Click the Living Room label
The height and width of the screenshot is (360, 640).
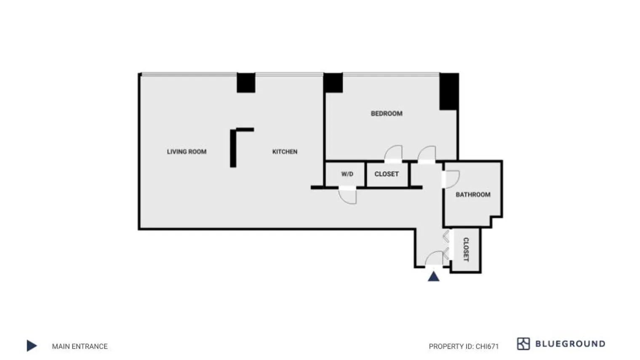pos(187,152)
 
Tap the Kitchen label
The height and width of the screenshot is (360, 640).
pos(285,152)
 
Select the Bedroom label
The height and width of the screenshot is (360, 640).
pos(387,113)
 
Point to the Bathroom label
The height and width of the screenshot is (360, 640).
pos(473,195)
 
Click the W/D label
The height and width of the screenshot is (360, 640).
pos(347,174)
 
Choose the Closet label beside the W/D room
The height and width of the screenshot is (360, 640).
pos(387,174)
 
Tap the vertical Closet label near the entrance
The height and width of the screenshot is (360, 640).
pos(466,249)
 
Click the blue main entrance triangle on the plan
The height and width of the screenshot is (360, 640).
pos(434,277)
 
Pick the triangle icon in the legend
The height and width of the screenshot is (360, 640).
pos(32,346)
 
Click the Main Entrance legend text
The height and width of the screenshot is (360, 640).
pos(80,346)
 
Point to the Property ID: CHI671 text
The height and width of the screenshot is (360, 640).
pos(464,346)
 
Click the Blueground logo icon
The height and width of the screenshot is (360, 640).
pos(523,344)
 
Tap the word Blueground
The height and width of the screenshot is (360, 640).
pos(570,344)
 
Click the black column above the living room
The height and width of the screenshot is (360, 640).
pos(246,83)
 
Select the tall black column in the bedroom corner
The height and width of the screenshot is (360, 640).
pos(449,91)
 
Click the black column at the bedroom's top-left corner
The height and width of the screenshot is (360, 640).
pos(333,83)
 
